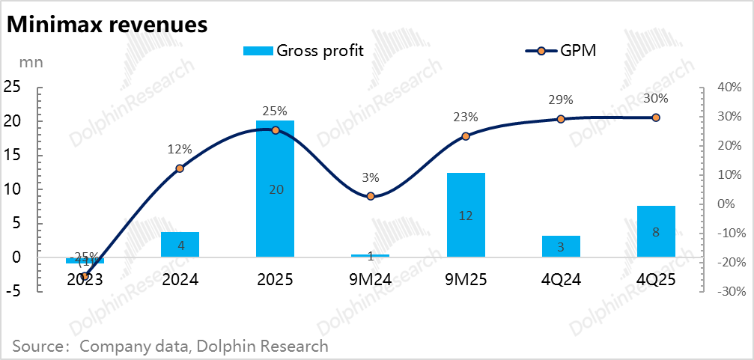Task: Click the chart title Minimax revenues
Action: click(x=106, y=24)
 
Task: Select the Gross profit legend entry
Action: click(x=303, y=51)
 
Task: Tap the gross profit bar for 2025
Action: click(x=275, y=189)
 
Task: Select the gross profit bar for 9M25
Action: click(x=466, y=215)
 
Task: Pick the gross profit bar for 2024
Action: click(x=180, y=245)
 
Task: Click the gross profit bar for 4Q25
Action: click(x=656, y=231)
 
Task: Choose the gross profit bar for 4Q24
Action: click(x=561, y=246)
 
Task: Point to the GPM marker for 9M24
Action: click(x=371, y=196)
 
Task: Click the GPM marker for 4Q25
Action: click(x=656, y=118)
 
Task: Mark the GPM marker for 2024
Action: click(x=180, y=168)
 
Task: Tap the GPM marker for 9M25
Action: click(x=466, y=136)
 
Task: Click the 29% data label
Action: click(x=561, y=100)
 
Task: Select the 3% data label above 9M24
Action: click(x=371, y=178)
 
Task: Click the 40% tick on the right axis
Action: click(x=729, y=88)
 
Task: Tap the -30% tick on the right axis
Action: click(x=727, y=291)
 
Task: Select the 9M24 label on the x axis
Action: click(x=371, y=280)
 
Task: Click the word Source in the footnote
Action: click(x=36, y=346)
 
